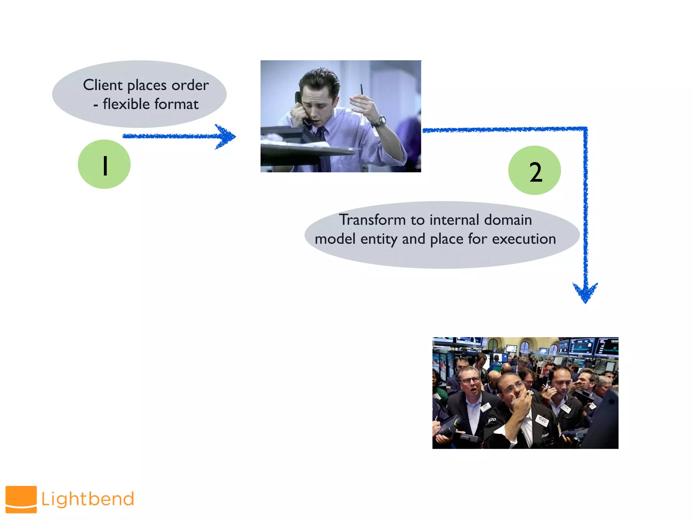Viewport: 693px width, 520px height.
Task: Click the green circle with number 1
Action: (104, 164)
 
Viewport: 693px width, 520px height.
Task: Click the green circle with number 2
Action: (534, 171)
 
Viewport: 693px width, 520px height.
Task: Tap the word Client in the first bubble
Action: (103, 85)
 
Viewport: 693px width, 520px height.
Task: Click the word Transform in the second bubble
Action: (372, 220)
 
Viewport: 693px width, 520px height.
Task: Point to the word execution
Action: (523, 239)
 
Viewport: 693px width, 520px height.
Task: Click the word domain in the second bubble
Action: (508, 220)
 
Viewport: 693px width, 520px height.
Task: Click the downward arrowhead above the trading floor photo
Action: (585, 292)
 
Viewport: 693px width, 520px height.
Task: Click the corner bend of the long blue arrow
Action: (585, 129)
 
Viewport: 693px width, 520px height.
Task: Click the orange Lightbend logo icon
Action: (21, 499)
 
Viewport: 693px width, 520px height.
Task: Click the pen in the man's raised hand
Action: (362, 90)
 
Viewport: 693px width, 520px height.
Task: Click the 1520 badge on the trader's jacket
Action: (542, 420)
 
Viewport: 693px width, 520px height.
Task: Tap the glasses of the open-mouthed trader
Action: (470, 380)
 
